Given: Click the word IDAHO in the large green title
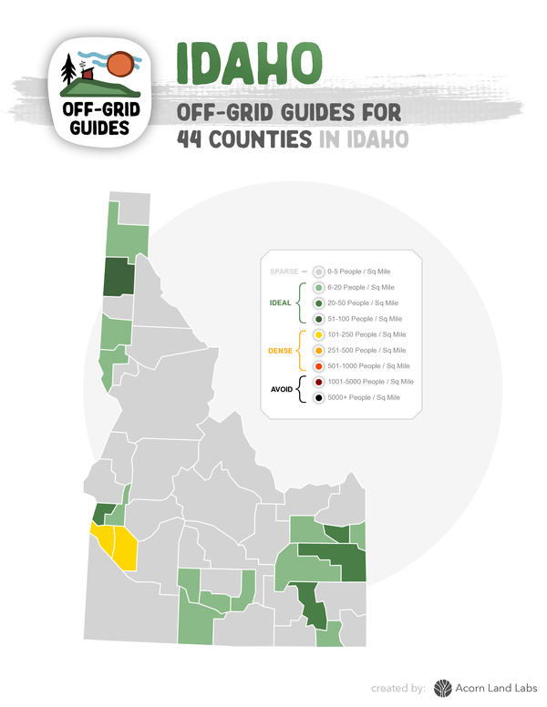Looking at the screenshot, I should click(248, 63).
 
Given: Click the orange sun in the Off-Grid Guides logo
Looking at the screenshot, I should click(119, 65).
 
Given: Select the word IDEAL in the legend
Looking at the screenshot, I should click(281, 302).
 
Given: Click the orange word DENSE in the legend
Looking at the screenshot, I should click(280, 350).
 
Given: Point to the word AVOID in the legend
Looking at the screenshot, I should click(282, 389).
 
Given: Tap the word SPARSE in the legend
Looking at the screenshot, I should click(284, 271).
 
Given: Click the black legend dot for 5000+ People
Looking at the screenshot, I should click(318, 397).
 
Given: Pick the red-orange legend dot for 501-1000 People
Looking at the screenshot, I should click(318, 365).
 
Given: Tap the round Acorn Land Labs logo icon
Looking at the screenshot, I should click(443, 688).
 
